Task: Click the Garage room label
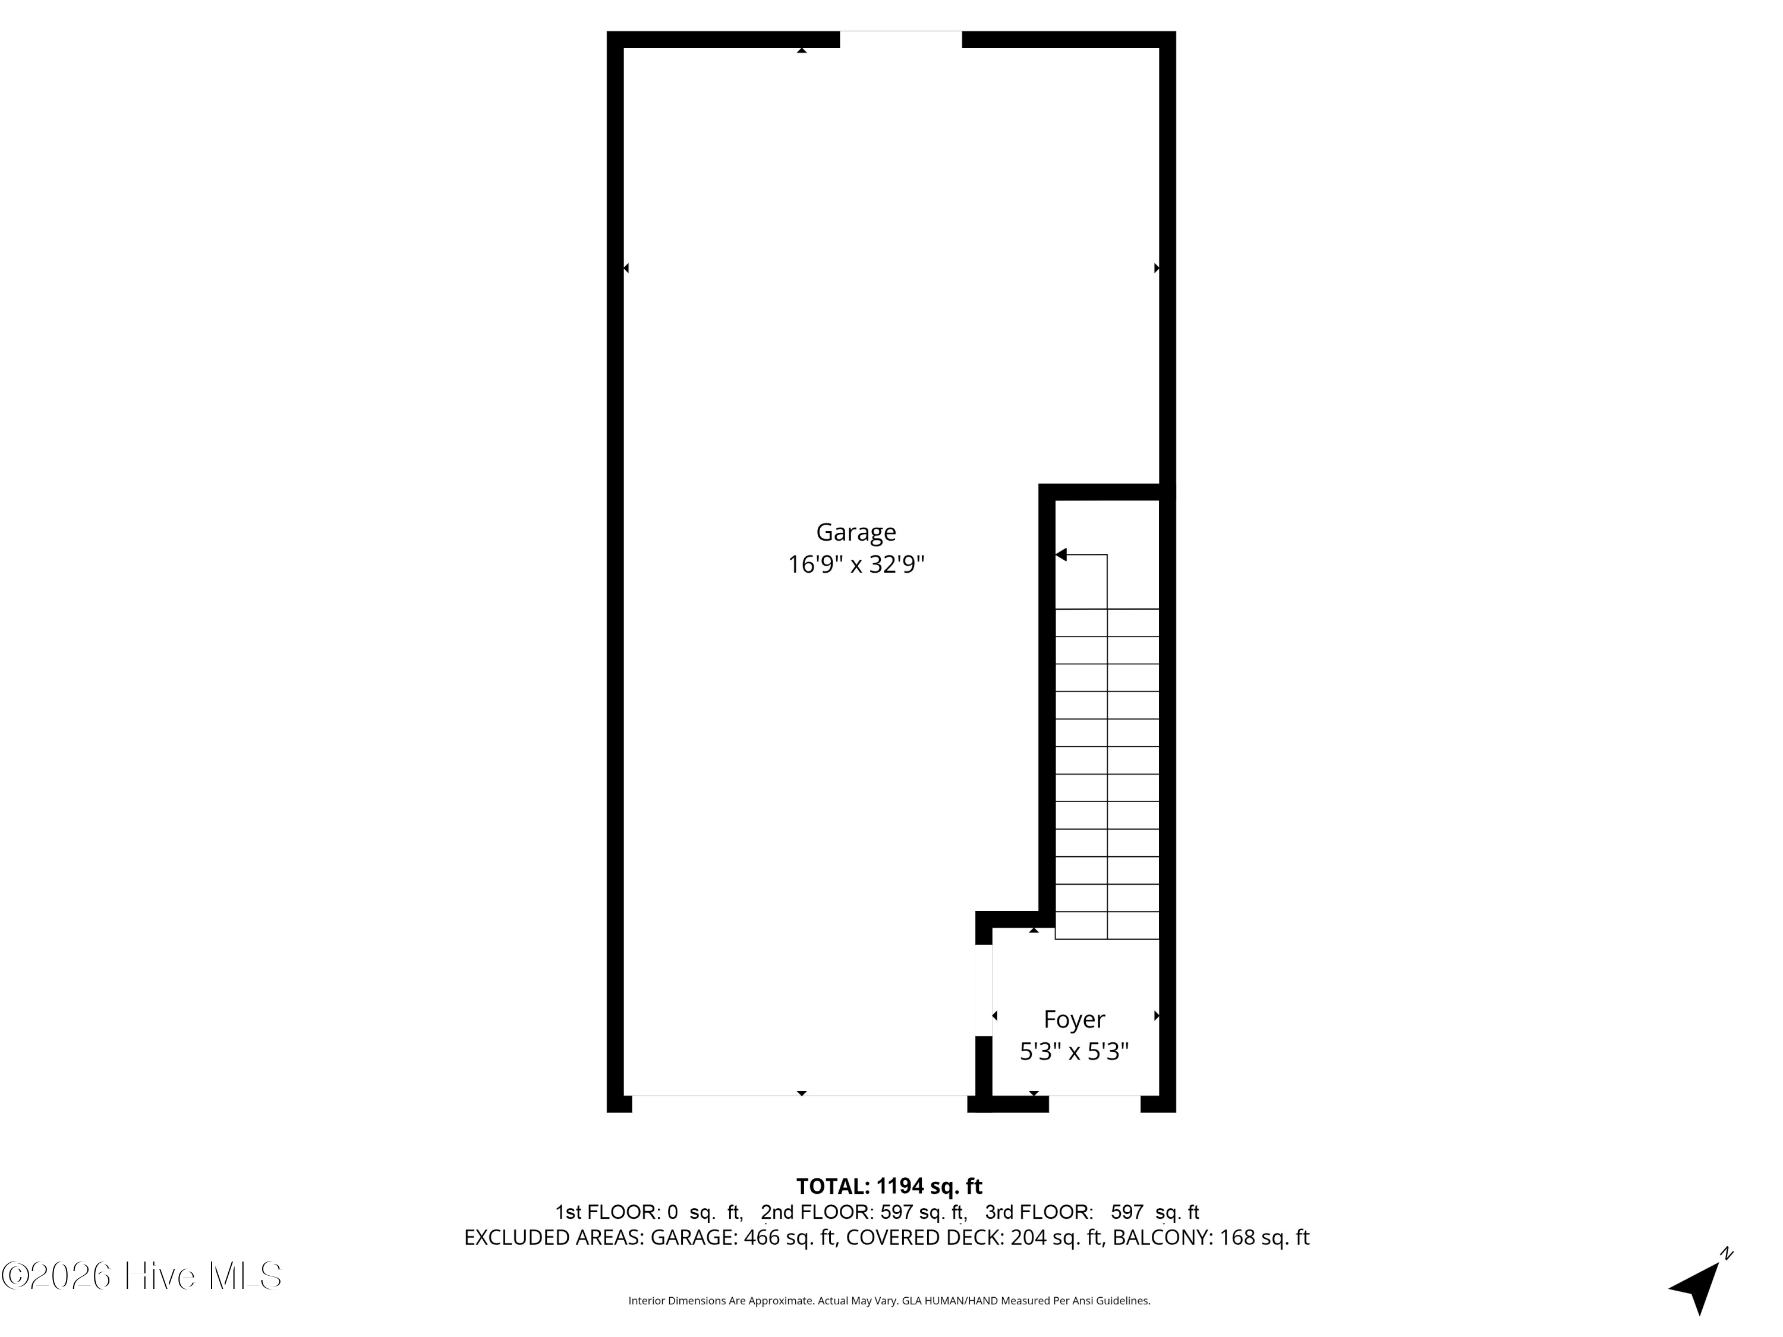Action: pos(855,532)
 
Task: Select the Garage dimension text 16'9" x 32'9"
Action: pos(855,564)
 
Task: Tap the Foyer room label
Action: pos(1074,1020)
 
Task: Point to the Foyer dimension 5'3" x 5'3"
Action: pos(1074,1052)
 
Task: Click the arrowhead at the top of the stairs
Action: pos(1061,554)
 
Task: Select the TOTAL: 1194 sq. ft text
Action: pos(889,1186)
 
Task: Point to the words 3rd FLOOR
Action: pos(1037,1212)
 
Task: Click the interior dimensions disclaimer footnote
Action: pos(889,1300)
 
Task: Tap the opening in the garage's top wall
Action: pos(900,39)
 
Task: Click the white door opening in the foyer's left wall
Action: pos(984,989)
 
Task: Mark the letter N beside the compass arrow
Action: pos(1726,1253)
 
